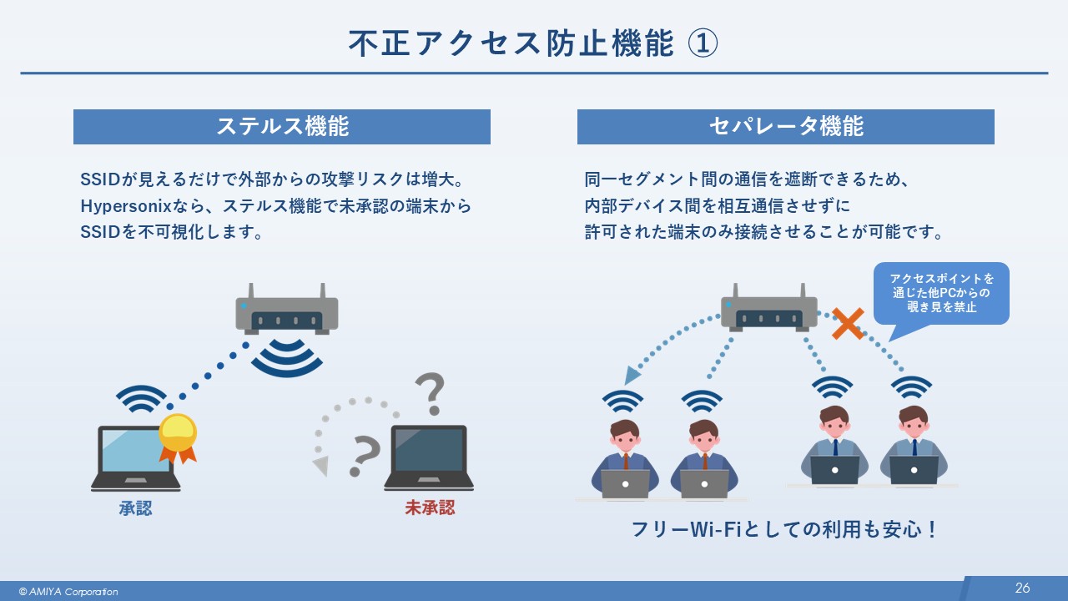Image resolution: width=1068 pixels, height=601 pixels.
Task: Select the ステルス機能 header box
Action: point(282,127)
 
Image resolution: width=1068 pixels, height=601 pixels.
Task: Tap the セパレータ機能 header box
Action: point(785,127)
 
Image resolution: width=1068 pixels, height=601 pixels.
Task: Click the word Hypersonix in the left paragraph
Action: point(122,205)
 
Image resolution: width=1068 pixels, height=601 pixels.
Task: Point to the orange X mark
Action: point(847,324)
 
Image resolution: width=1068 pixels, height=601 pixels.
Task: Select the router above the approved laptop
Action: point(286,311)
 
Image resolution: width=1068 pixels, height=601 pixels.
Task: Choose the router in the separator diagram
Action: point(769,309)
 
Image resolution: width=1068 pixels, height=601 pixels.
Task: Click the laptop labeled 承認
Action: point(135,457)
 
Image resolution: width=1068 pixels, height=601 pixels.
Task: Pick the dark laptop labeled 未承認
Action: point(429,457)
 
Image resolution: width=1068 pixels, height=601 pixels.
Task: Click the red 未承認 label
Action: point(430,508)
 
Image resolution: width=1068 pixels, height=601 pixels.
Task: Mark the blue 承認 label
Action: point(135,508)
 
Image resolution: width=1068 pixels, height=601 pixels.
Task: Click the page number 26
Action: point(1022,588)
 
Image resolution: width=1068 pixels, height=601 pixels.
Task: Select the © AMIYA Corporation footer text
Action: point(68,592)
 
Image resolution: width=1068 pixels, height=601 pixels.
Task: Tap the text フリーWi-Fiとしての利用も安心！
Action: point(784,530)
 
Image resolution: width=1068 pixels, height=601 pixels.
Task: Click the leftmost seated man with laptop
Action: point(625,459)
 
